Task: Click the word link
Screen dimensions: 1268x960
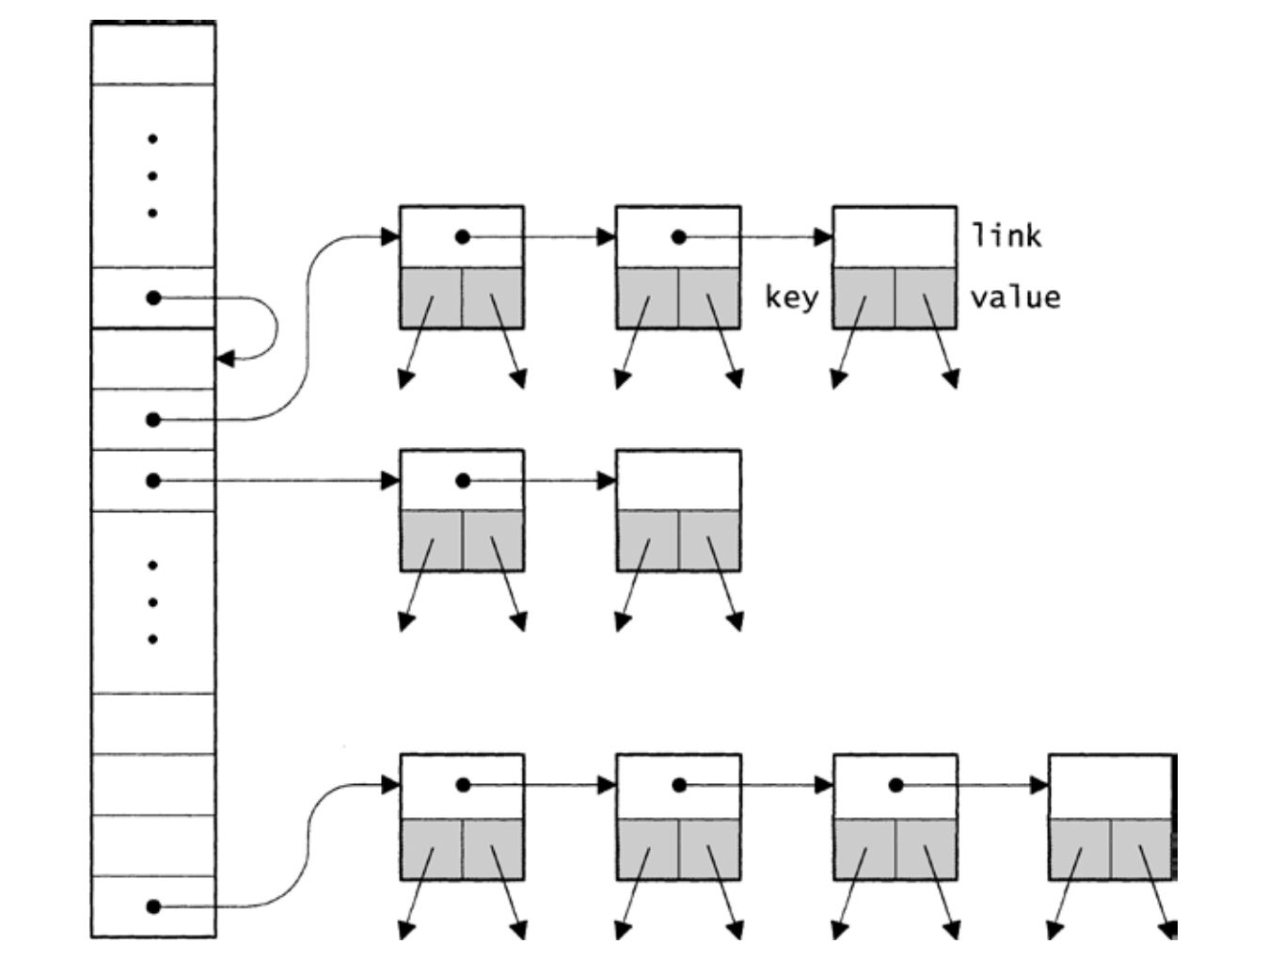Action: (x=1006, y=236)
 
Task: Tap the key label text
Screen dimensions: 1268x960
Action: (x=791, y=298)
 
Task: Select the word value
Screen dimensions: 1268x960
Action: (x=1016, y=298)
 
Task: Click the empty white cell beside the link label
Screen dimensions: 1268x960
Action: (x=895, y=237)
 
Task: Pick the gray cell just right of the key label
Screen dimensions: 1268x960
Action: (x=864, y=298)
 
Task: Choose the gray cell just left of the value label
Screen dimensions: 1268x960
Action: (x=926, y=298)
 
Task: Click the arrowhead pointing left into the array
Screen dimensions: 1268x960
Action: (x=225, y=359)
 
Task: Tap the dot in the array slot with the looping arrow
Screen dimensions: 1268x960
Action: (x=153, y=298)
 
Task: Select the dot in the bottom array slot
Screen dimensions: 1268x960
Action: (x=153, y=906)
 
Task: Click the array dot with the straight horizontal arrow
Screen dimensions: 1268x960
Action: (x=153, y=481)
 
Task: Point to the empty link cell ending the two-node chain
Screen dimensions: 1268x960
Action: (x=678, y=480)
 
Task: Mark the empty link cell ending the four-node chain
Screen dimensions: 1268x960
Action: (x=1110, y=786)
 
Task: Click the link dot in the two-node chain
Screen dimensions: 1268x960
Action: (x=463, y=481)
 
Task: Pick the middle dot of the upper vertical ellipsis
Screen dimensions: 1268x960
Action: (x=152, y=176)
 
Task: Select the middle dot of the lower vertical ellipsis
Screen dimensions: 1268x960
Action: (x=152, y=602)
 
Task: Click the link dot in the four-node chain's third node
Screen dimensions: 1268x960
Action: (x=896, y=786)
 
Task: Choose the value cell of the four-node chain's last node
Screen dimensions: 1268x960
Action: (x=1141, y=849)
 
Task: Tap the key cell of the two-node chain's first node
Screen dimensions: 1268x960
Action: (x=432, y=540)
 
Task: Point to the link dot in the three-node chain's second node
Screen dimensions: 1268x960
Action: (x=679, y=237)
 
